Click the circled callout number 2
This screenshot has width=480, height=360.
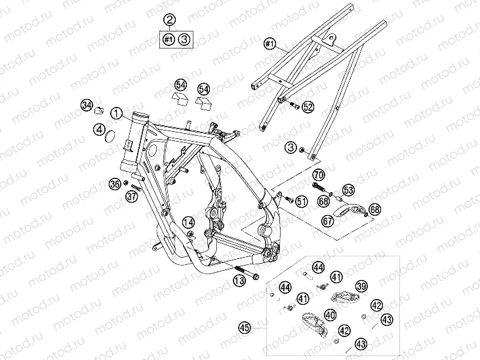coord(170,20)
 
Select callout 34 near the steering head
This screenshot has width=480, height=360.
coord(87,106)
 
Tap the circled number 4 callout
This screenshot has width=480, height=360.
coord(100,129)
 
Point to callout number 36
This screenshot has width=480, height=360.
coord(115,184)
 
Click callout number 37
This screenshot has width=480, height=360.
coord(132,196)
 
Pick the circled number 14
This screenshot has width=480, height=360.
coord(189,222)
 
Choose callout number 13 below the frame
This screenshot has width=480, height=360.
coord(240,281)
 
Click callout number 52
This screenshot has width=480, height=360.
coord(308,107)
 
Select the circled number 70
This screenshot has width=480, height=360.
coord(319,175)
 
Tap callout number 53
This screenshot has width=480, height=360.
coord(348,190)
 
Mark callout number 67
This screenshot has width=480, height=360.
coord(328,220)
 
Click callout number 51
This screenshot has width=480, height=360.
coord(302,201)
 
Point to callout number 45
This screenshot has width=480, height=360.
coord(245,328)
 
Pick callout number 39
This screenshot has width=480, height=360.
coord(361,287)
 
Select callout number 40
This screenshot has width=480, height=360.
coord(330,315)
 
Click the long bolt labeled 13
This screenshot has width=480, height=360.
coord(247,273)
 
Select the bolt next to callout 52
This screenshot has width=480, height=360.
coord(294,106)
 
